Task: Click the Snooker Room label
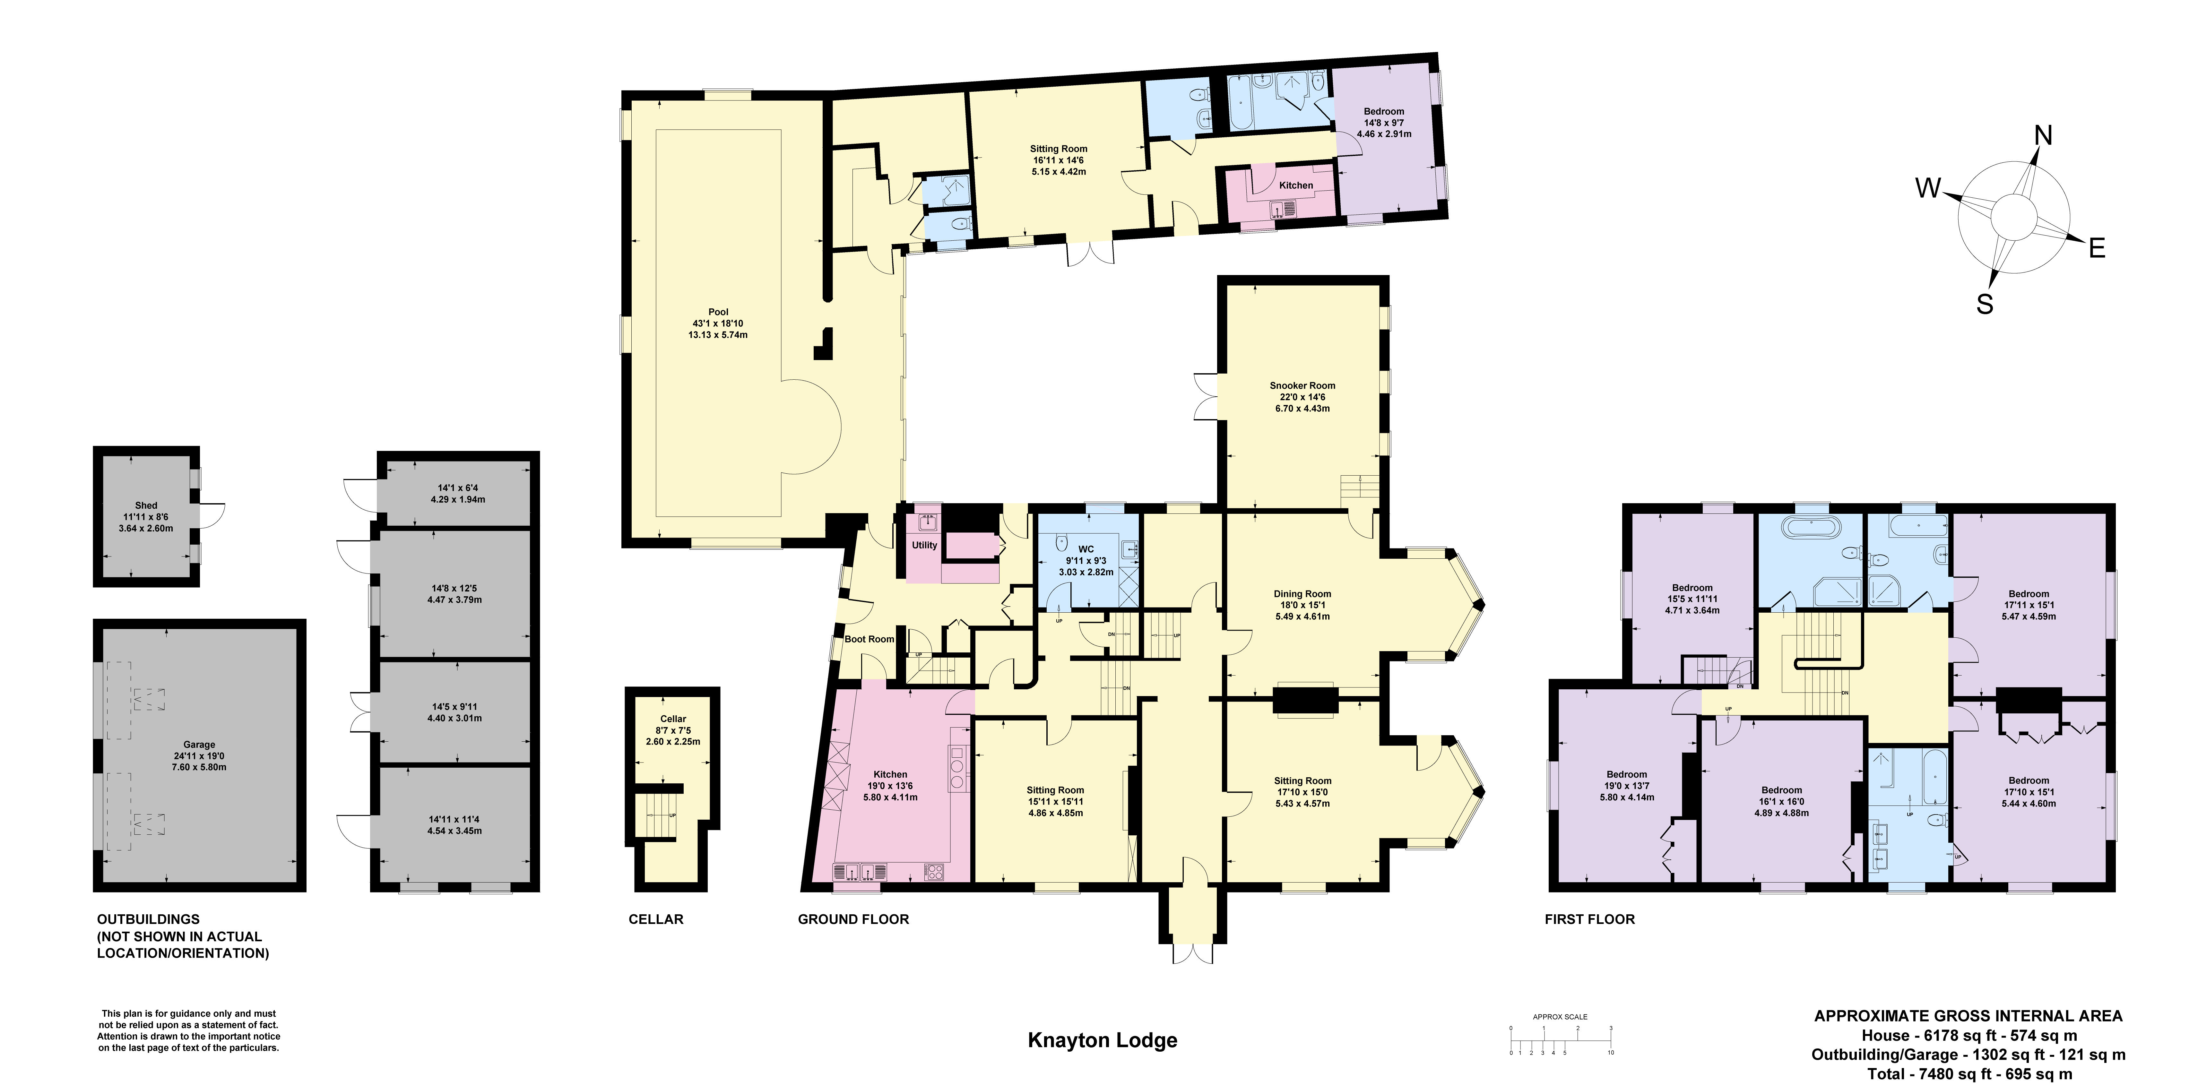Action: [1302, 386]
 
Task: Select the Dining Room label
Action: [1302, 594]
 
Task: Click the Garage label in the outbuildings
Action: [200, 745]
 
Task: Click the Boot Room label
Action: [870, 639]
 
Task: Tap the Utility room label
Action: [924, 545]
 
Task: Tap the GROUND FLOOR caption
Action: [853, 919]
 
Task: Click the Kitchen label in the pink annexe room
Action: [1296, 185]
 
